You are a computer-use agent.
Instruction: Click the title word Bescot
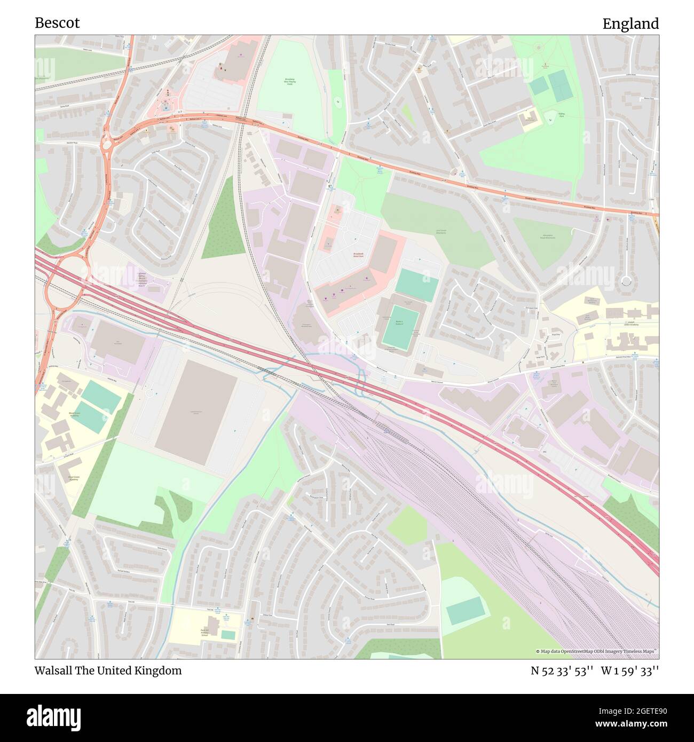(x=57, y=23)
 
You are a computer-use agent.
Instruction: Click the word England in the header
(x=630, y=23)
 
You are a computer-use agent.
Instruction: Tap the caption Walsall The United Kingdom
(x=108, y=670)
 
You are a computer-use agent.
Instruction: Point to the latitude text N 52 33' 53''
(x=562, y=670)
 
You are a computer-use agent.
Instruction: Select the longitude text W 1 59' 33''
(x=630, y=670)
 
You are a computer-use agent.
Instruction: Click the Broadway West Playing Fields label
(x=290, y=82)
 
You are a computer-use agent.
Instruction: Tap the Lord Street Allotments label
(x=441, y=232)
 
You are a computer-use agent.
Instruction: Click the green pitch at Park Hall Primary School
(x=228, y=635)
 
